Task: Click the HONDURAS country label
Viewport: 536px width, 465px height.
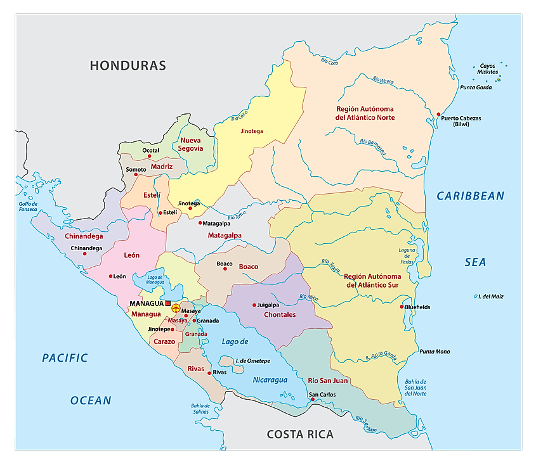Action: [127, 65]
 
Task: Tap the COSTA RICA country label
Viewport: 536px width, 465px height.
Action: [300, 434]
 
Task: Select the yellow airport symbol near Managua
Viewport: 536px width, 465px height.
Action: [176, 308]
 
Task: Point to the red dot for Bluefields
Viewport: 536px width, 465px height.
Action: [402, 307]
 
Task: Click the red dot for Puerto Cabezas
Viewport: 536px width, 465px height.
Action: [438, 114]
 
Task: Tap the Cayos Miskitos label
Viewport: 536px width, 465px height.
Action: [488, 69]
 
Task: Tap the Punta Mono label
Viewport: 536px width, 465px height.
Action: [435, 352]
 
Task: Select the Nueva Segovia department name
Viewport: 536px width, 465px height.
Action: [192, 144]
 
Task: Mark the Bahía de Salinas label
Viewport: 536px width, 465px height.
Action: [199, 409]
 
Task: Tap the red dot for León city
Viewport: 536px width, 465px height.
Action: [110, 276]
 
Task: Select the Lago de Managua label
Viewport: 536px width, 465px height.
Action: [155, 279]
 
